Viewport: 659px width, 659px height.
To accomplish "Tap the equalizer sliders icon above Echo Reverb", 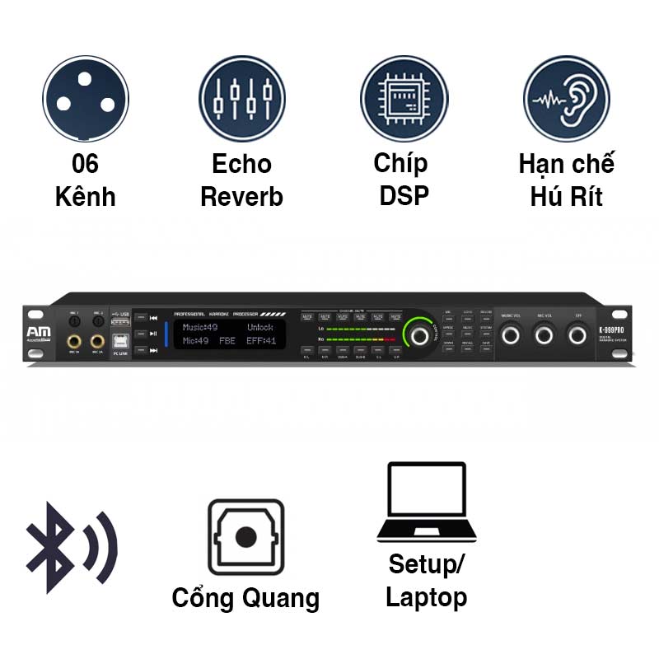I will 241,98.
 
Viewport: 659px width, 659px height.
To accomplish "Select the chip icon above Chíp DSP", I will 404,98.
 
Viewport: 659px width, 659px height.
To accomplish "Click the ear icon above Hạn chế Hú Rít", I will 567,98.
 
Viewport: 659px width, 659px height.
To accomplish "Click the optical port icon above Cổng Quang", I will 245,537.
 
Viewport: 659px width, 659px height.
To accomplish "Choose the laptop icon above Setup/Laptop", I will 426,503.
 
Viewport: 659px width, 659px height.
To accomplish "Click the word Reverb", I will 241,198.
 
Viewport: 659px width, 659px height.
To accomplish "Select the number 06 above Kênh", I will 85,164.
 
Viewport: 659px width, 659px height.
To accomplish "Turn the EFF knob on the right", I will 578,334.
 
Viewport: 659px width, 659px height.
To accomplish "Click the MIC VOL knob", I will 544,334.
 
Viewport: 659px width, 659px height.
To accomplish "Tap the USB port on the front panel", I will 120,323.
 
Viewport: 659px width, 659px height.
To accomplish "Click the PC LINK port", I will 120,341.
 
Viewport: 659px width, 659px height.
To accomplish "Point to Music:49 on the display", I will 200,327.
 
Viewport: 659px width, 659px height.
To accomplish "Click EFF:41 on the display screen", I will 261,340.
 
